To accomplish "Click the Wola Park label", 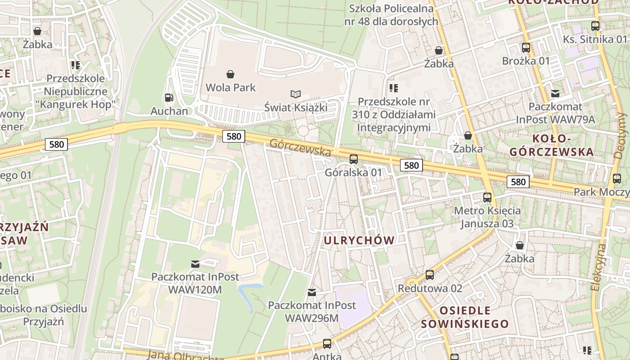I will click(230, 87).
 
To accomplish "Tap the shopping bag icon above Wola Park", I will click(230, 74).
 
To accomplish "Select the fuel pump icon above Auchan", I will click(169, 97).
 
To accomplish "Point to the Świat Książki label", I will click(295, 108).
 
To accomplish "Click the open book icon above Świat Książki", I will click(295, 94).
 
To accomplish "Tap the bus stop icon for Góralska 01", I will click(354, 159).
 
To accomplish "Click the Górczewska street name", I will click(300, 148).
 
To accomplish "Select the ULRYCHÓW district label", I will click(359, 240).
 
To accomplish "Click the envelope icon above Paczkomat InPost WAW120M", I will click(195, 264).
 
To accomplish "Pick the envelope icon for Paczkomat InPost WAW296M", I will click(311, 292).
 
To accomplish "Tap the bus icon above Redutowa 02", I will click(430, 274).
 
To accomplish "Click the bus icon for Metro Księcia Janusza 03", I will click(487, 197).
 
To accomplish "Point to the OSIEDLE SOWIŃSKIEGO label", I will click(465, 317).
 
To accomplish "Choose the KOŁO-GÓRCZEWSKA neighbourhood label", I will click(552, 145).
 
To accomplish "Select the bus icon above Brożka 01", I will click(526, 47).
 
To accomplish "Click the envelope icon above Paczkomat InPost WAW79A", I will click(555, 94).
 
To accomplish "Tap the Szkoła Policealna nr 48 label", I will click(391, 15).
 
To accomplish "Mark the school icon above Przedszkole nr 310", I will click(394, 88).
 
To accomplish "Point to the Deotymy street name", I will click(621, 135).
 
